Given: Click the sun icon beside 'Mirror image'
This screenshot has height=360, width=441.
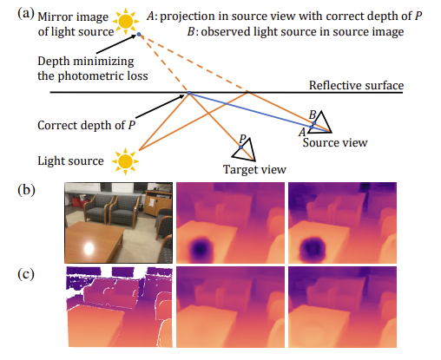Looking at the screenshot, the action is pyautogui.click(x=126, y=21).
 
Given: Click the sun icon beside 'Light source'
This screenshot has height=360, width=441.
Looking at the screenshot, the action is pyautogui.click(x=126, y=161).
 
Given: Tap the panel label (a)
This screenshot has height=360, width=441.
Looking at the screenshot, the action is pyautogui.click(x=26, y=14).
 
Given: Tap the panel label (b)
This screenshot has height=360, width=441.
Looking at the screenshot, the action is pyautogui.click(x=26, y=190).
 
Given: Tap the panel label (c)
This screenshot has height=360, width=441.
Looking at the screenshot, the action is pyautogui.click(x=26, y=274).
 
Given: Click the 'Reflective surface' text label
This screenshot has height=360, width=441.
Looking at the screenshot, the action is pyautogui.click(x=356, y=85).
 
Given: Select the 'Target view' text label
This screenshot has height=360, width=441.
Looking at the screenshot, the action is pyautogui.click(x=254, y=169).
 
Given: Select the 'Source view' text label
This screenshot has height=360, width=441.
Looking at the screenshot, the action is pyautogui.click(x=335, y=142).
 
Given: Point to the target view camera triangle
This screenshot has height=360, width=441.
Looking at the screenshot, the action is pyautogui.click(x=245, y=150).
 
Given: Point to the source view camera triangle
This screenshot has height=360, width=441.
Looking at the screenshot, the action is pyautogui.click(x=320, y=122).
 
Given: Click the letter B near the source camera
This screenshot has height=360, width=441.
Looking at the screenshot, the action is pyautogui.click(x=313, y=115).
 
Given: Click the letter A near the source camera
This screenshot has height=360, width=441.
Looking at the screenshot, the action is pyautogui.click(x=302, y=132).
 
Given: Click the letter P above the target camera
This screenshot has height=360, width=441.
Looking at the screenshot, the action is pyautogui.click(x=242, y=139).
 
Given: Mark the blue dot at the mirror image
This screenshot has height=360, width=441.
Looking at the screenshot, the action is pyautogui.click(x=139, y=35).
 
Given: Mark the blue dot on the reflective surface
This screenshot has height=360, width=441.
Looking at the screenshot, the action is pyautogui.click(x=189, y=93).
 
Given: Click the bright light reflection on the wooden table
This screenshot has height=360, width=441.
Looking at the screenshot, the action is pyautogui.click(x=89, y=248).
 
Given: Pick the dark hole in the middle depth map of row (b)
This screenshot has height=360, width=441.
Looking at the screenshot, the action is pyautogui.click(x=201, y=248).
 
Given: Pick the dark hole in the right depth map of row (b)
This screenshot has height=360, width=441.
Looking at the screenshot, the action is pyautogui.click(x=312, y=248).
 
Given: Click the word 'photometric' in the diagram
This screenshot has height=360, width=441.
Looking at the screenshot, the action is pyautogui.click(x=93, y=76).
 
